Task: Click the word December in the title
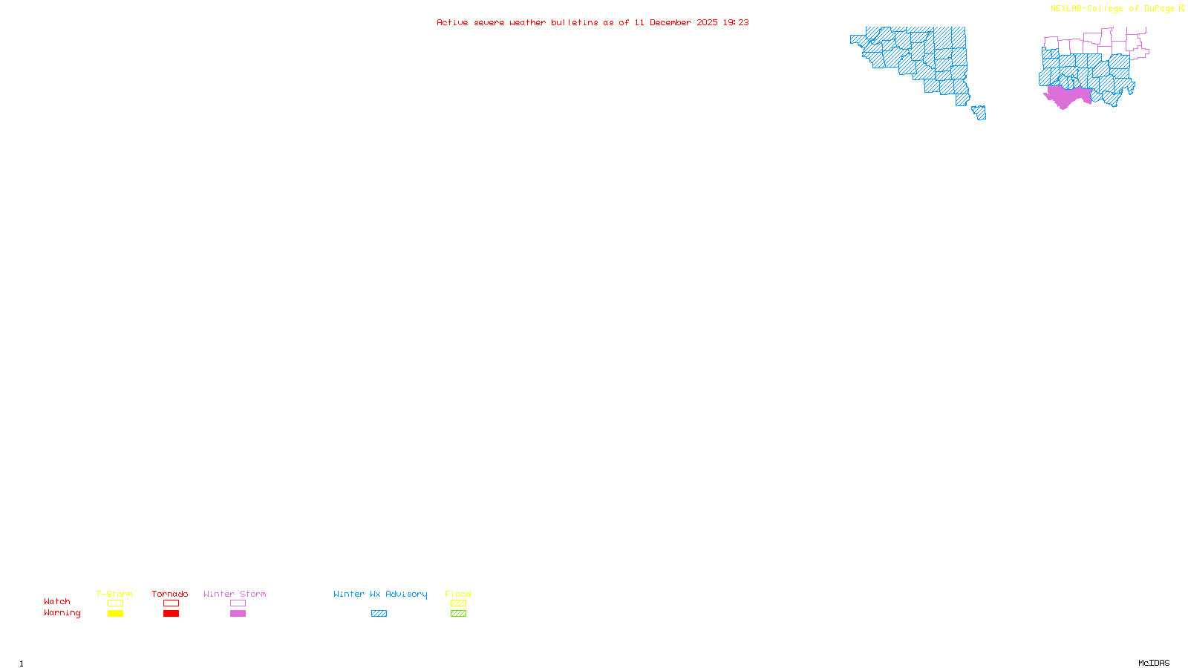coord(670,22)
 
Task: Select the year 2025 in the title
coord(707,22)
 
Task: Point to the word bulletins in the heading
coord(575,22)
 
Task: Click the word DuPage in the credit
coord(1159,8)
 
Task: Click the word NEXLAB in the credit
coord(1067,8)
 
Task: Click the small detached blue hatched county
coord(979,112)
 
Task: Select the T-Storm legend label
coord(114,594)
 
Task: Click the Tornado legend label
coord(170,594)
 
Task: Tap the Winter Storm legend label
coord(235,594)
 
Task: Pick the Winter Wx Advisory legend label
coord(380,594)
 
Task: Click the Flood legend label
coord(458,594)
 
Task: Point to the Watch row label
coord(57,601)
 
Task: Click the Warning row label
coord(62,613)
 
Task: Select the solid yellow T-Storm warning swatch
coord(115,614)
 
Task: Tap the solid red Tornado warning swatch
coord(171,614)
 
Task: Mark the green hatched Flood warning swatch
coord(458,614)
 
